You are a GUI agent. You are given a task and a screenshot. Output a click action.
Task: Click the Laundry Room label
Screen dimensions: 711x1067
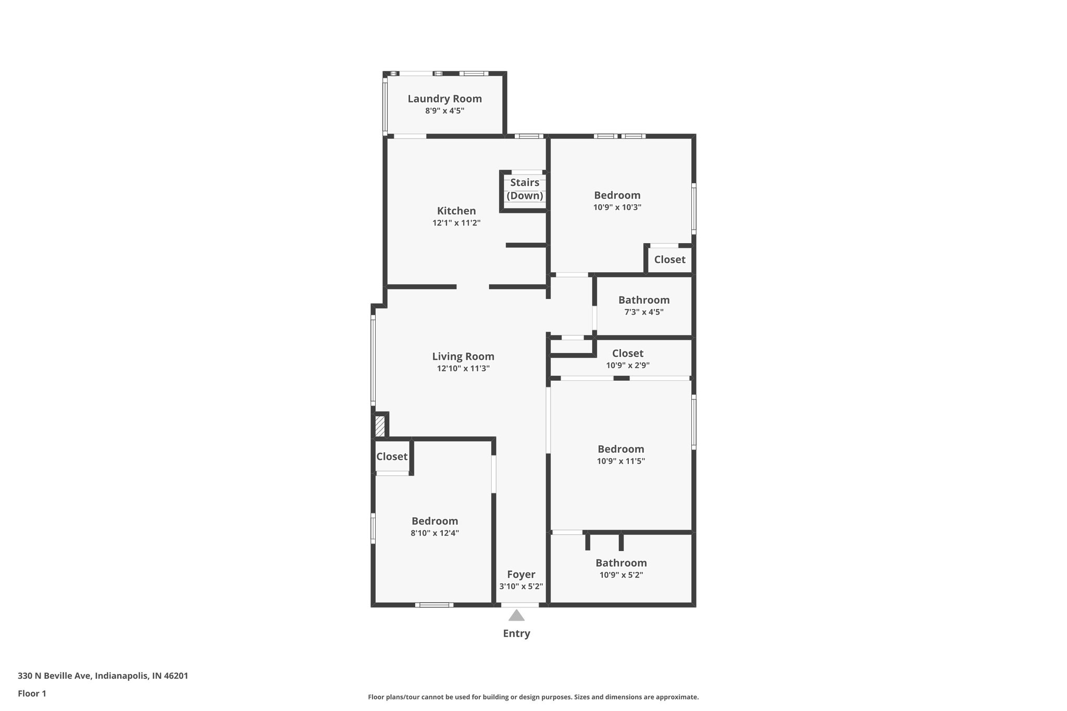pos(444,98)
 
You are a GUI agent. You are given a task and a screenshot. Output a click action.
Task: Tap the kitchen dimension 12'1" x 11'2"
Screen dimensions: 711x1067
pos(456,223)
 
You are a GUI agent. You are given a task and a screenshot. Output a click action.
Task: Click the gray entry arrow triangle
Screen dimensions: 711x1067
pos(516,616)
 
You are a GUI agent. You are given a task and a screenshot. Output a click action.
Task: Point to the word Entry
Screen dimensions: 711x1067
pos(516,633)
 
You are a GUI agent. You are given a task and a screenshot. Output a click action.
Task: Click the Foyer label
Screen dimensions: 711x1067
pos(521,574)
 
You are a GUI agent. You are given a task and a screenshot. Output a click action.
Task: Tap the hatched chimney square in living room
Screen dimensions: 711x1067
pos(380,426)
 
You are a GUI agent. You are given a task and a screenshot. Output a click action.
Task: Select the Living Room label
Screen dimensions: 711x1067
pos(463,356)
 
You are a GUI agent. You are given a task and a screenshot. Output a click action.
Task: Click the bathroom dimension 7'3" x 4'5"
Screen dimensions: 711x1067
pos(644,312)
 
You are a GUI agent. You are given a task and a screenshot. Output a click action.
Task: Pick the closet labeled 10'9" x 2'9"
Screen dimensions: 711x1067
pos(627,358)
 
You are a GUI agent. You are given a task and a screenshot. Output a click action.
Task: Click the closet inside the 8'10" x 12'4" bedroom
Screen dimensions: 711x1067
pos(392,456)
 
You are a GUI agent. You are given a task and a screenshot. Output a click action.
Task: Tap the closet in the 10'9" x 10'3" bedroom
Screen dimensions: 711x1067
pos(669,259)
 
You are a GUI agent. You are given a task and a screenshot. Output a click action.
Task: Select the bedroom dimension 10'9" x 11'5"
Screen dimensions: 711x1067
pos(621,461)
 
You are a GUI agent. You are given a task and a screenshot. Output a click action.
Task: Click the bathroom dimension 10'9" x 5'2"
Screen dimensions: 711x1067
pos(621,575)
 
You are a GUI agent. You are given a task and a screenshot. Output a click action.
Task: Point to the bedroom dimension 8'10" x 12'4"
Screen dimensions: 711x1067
pos(435,533)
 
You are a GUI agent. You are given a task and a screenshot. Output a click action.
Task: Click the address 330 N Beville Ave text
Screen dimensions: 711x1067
pos(103,676)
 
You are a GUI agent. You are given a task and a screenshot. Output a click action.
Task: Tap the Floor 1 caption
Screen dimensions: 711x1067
pos(32,693)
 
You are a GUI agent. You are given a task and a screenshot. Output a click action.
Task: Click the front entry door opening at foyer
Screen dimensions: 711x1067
pos(520,605)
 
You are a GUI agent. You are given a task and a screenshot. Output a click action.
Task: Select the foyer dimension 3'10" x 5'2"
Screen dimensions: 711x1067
pos(521,586)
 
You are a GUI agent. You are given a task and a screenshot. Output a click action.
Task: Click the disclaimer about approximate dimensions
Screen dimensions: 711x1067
pos(533,697)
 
